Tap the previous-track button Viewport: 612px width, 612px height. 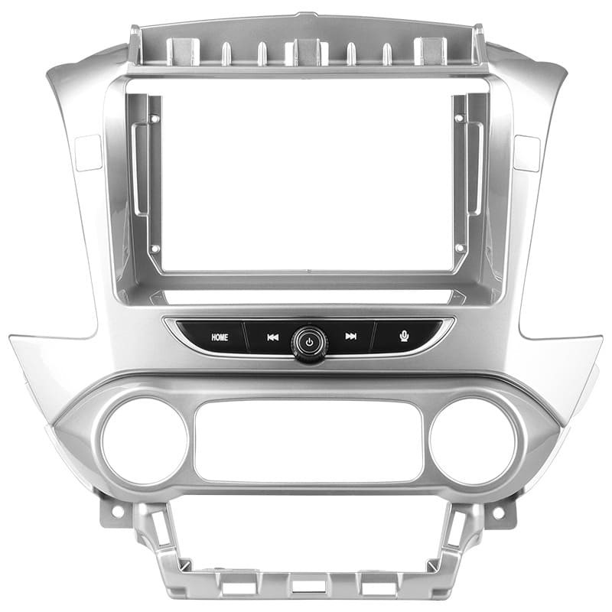[x=272, y=337]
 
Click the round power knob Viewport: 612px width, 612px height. [x=309, y=341]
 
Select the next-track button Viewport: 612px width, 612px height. [x=350, y=337]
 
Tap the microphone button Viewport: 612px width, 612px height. [x=405, y=336]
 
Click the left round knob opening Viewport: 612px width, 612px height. [x=145, y=441]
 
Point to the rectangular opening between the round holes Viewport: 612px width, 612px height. [x=308, y=442]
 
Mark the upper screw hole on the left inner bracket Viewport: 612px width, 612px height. [x=155, y=119]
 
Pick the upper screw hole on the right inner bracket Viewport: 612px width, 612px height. [x=460, y=119]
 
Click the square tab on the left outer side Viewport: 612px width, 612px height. [x=88, y=153]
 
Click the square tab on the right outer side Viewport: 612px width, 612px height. [x=527, y=153]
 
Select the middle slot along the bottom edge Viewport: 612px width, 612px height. [x=308, y=585]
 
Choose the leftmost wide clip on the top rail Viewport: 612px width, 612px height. [x=184, y=52]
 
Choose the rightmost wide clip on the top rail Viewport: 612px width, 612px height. [x=429, y=52]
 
